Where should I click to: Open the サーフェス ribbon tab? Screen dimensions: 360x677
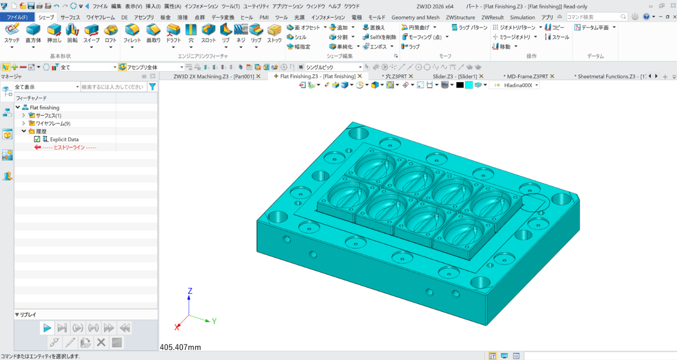pos(70,17)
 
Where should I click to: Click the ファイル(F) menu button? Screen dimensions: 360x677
pos(17,17)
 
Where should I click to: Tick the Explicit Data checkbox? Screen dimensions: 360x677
pos(37,139)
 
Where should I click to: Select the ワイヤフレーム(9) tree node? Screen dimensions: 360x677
pos(53,123)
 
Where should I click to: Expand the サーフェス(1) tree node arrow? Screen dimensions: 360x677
pos(23,116)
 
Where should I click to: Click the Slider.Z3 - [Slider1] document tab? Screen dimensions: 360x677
pos(455,76)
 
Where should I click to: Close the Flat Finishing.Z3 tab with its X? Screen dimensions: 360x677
pos(360,76)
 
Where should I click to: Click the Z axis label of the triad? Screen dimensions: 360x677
pos(190,291)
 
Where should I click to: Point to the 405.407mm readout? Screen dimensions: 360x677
pos(180,347)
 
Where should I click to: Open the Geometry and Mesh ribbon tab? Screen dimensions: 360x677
pos(415,17)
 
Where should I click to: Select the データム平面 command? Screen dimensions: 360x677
pos(595,27)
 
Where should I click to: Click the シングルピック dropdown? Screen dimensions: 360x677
pos(333,67)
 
